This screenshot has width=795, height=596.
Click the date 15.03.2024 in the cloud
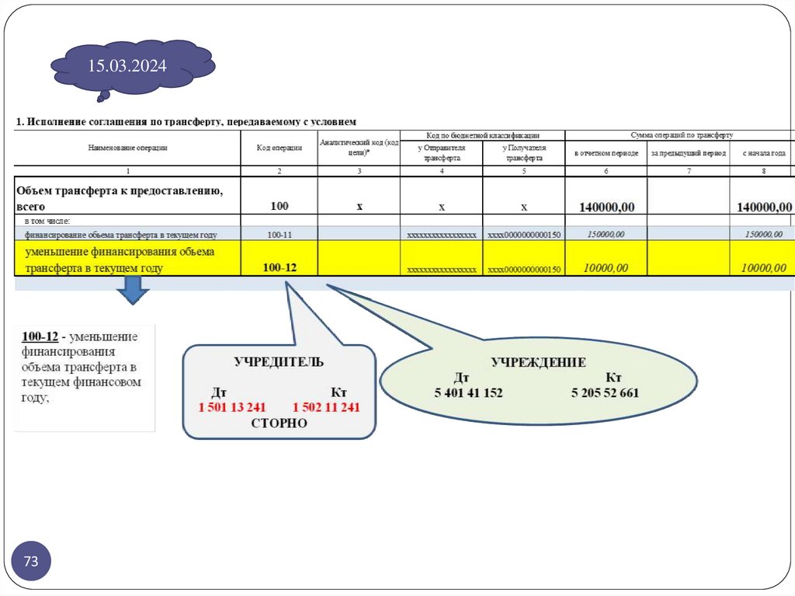pyautogui.click(x=127, y=66)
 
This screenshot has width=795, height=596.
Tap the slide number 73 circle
pyautogui.click(x=31, y=561)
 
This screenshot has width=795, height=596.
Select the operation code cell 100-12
pyautogui.click(x=279, y=267)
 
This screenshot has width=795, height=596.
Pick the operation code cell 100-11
pyautogui.click(x=279, y=234)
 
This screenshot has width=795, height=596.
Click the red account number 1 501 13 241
pyautogui.click(x=232, y=406)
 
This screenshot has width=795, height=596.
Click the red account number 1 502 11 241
pyautogui.click(x=326, y=406)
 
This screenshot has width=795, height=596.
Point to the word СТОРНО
pyautogui.click(x=279, y=423)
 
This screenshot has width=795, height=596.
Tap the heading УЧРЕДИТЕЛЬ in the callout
pyautogui.click(x=279, y=361)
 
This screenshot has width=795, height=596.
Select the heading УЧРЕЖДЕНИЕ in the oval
pyautogui.click(x=538, y=362)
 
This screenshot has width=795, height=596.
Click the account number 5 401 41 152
pyautogui.click(x=467, y=393)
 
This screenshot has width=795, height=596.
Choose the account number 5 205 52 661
pyautogui.click(x=605, y=393)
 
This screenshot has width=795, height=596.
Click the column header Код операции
pyautogui.click(x=279, y=148)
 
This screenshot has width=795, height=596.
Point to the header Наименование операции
pyautogui.click(x=128, y=148)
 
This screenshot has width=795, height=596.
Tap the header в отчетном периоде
pyautogui.click(x=606, y=153)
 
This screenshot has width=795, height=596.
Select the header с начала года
pyautogui.click(x=764, y=153)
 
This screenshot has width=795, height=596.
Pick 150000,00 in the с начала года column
pyautogui.click(x=764, y=234)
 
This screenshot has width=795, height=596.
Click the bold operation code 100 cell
pyautogui.click(x=279, y=206)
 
